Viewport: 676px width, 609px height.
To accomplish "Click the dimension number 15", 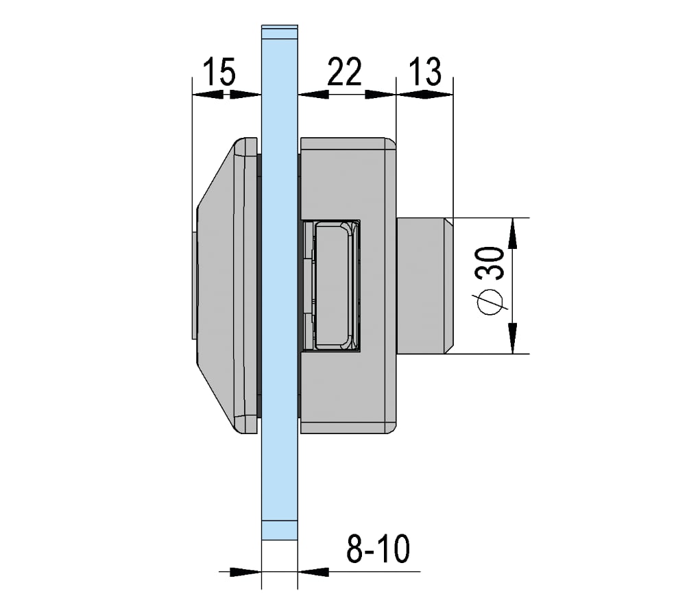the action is (x=219, y=71).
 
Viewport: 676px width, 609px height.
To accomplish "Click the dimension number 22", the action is (x=344, y=71).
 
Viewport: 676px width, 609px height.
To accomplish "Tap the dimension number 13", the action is (x=424, y=71).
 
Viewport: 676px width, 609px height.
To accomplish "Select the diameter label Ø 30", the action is (x=490, y=281).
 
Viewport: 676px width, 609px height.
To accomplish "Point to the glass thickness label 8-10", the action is (x=378, y=549).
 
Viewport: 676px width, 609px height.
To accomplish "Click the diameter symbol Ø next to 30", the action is (x=490, y=302).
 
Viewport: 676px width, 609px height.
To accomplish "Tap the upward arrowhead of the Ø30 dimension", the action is (x=513, y=233).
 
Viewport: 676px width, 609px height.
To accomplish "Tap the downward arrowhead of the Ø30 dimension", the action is (x=513, y=338).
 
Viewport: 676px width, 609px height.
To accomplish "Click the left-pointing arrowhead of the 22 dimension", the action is (x=313, y=94).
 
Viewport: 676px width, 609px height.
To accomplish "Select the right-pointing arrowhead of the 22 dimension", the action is (x=381, y=94).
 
